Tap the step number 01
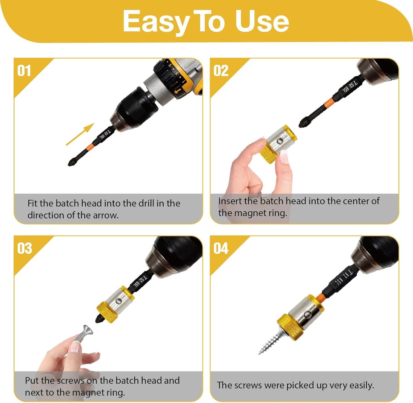pos(24,71)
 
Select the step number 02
pos(221,71)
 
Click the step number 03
pos(24,249)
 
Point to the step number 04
pos(221,249)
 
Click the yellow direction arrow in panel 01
pos(80,134)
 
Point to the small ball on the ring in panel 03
pos(119,301)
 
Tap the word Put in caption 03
pos(31,381)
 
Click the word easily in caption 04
pos(362,385)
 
